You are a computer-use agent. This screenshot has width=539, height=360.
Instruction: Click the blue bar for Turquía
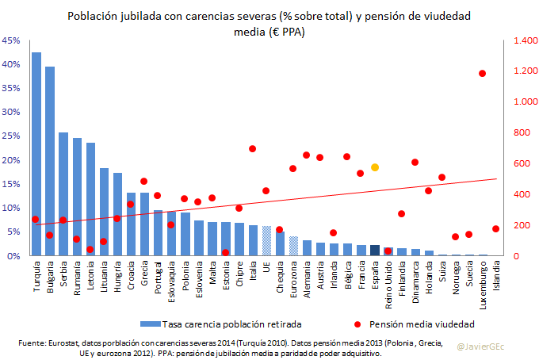pos(36,155)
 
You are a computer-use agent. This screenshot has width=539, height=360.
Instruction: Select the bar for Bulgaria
pos(50,162)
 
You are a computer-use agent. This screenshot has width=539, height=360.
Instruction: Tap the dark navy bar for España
pos(375,251)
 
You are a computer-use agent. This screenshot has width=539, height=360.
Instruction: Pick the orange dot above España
pos(375,167)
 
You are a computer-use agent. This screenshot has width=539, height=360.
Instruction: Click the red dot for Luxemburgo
pos(483,74)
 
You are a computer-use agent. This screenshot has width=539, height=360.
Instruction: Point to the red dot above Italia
pos(253,148)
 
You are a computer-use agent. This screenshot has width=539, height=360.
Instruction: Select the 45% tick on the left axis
pos(12,40)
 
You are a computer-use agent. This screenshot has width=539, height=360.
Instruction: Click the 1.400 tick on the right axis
pos(524,40)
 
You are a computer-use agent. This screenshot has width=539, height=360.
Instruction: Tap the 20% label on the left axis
pos(12,160)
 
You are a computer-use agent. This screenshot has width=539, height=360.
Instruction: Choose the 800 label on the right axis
pos(522,132)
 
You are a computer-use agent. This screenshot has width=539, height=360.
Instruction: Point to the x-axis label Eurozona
pos(293,277)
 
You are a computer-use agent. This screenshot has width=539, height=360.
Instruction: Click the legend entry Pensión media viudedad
pos(425,324)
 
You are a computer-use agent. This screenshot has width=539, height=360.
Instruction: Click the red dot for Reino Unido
pos(388,251)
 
